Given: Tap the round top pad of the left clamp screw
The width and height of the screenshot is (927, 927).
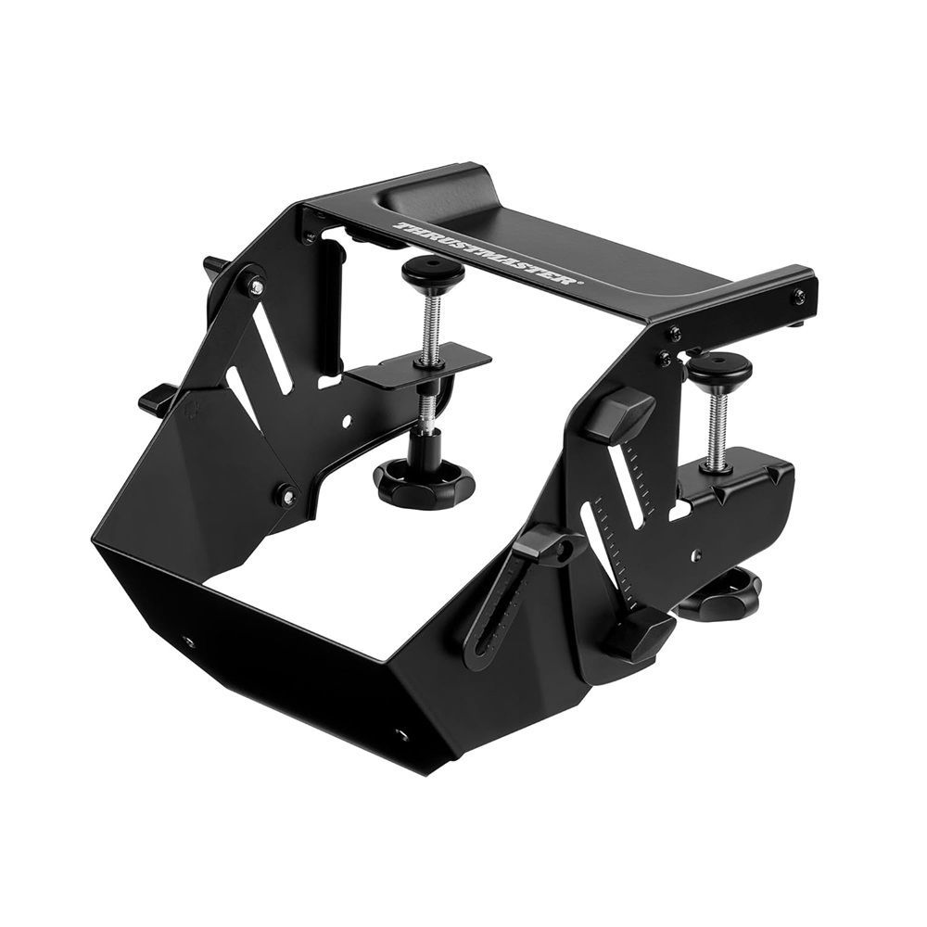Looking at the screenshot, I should tap(432, 270).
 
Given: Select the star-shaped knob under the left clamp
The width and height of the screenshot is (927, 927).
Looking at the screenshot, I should tap(424, 480).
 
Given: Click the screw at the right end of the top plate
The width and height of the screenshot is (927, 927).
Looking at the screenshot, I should tap(799, 296).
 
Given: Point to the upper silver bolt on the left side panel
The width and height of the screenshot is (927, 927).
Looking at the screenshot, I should tap(254, 286).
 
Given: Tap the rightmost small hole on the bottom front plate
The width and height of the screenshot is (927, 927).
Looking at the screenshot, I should tap(401, 735).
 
